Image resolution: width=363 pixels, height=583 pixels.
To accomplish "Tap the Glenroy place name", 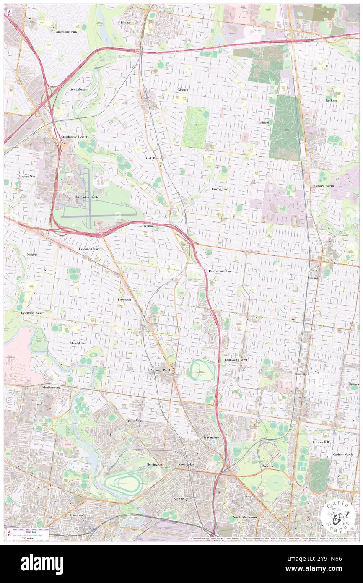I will (183, 90).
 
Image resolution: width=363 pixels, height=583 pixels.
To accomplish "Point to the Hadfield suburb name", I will (264, 122).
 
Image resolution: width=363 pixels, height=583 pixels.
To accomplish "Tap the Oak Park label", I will (153, 158).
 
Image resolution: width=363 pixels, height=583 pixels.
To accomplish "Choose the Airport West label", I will (28, 177).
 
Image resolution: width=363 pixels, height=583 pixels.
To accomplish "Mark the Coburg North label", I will (324, 186).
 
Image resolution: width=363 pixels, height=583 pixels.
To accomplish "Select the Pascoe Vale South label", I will (222, 271).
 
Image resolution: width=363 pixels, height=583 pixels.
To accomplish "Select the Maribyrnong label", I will (51, 387).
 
